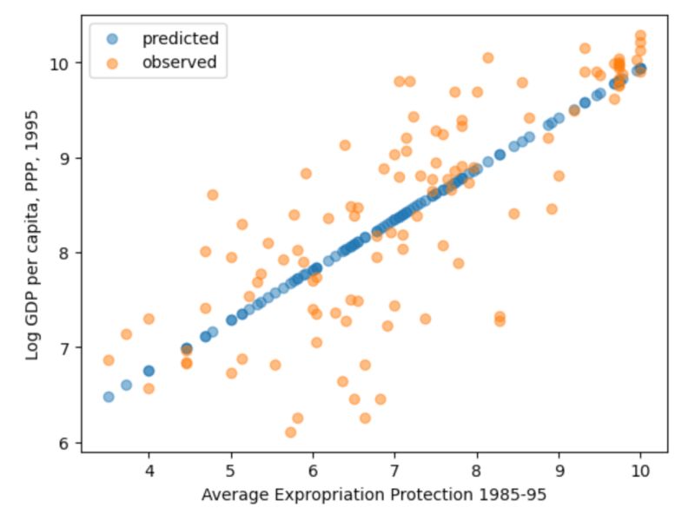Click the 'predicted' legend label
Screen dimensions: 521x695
180,38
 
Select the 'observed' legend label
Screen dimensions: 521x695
179,63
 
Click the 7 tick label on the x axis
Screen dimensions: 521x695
394,472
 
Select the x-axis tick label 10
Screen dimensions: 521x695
640,472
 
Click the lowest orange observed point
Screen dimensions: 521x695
290,432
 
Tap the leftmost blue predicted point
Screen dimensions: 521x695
109,397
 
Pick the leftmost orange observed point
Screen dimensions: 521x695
109,360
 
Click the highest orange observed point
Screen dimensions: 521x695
640,36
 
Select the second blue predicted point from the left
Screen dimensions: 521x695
126,385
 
